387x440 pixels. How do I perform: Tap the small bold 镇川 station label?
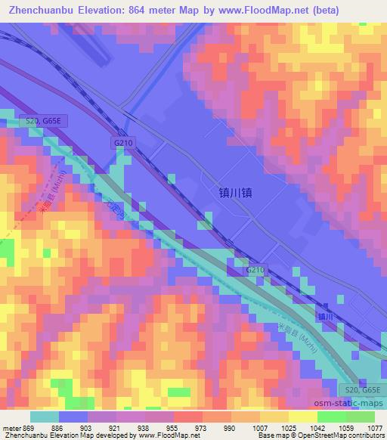pyautogui.click(x=325, y=316)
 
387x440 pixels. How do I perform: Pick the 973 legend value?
pyautogui.click(x=199, y=428)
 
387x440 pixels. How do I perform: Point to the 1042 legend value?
pyautogui.click(x=317, y=428)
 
